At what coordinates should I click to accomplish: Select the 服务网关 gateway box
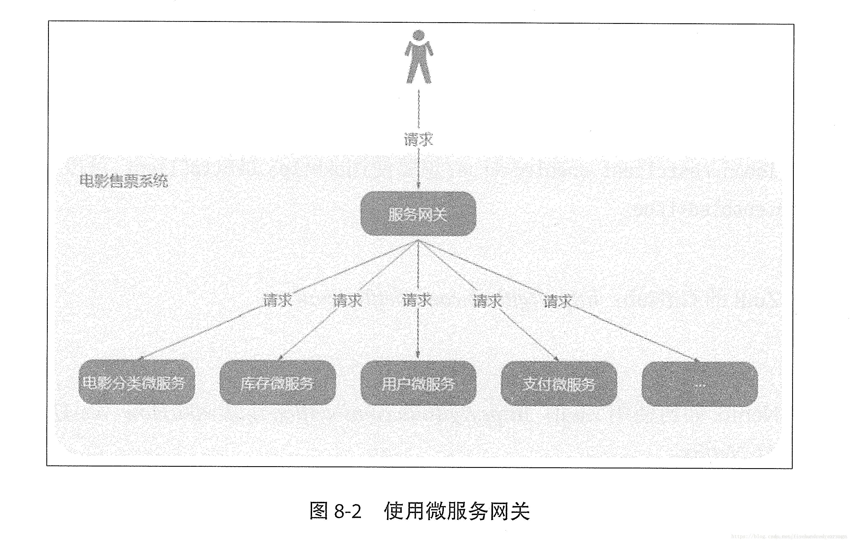point(418,214)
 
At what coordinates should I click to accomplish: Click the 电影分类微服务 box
point(137,382)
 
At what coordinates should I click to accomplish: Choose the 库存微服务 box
point(278,383)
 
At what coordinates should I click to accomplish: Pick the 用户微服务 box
point(418,383)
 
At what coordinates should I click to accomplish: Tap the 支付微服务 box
point(559,384)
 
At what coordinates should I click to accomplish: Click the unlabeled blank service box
point(699,384)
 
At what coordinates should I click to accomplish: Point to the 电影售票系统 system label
point(124,181)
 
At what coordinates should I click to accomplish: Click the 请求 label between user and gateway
point(418,139)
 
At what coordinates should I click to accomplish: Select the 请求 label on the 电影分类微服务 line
point(278,300)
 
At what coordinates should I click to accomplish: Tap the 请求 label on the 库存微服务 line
point(348,300)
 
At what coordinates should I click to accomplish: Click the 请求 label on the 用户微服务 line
point(417,300)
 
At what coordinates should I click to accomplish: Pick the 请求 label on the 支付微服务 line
point(487,301)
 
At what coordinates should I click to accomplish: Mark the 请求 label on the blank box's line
point(557,301)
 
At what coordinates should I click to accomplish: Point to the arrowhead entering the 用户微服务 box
point(418,356)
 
